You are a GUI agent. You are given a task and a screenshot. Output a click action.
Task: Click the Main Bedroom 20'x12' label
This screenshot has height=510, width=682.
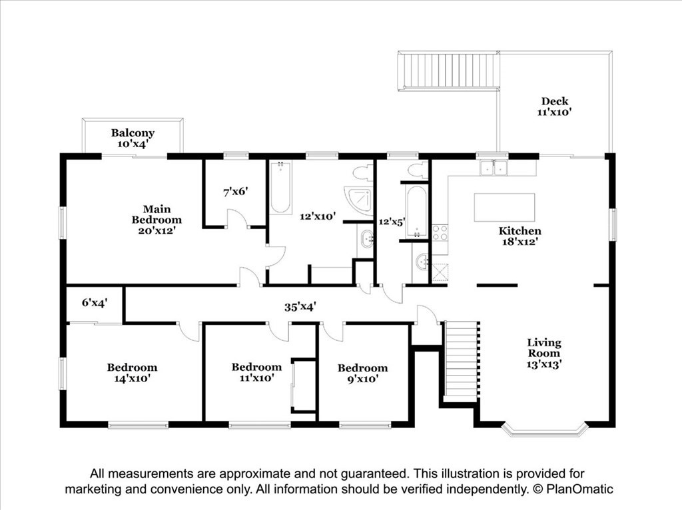pos(157,220)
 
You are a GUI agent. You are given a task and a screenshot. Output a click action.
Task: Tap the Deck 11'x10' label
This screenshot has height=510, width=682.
pos(554,107)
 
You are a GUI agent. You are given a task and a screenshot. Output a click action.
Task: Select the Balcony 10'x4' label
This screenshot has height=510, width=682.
pos(133,138)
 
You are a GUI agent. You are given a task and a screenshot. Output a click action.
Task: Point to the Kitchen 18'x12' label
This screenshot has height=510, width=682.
pos(519,236)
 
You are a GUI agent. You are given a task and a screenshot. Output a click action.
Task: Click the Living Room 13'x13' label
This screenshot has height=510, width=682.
pos(543,354)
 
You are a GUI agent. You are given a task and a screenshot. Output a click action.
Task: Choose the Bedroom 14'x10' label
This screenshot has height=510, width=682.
pos(133,373)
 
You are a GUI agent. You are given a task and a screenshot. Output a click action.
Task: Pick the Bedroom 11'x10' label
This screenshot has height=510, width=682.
pos(256,373)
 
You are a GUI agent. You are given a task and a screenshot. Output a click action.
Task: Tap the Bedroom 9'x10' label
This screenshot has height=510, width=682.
pos(363,373)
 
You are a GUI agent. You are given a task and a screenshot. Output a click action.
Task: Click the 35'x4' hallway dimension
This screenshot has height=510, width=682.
pos(300,307)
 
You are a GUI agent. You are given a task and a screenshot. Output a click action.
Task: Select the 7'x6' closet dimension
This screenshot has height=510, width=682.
pos(236,191)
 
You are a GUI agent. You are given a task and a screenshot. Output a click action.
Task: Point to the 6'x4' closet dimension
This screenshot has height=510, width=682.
pos(95,302)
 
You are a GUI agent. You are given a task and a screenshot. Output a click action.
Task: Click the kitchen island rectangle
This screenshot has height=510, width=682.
pos(505,208)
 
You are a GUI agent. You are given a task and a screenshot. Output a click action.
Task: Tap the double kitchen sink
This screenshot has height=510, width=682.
pos(494,168)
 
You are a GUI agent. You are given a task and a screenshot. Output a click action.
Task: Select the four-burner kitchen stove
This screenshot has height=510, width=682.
pos(440,232)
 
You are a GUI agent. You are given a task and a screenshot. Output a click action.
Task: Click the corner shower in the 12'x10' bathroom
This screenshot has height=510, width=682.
pos(359,201)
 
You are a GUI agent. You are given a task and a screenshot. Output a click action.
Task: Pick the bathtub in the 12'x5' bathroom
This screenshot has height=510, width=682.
pos(417,212)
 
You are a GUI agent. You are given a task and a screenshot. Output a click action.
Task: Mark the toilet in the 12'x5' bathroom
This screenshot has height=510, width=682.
pos(418,170)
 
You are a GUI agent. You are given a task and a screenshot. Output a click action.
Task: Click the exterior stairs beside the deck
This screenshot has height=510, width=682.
pos(448,71)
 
